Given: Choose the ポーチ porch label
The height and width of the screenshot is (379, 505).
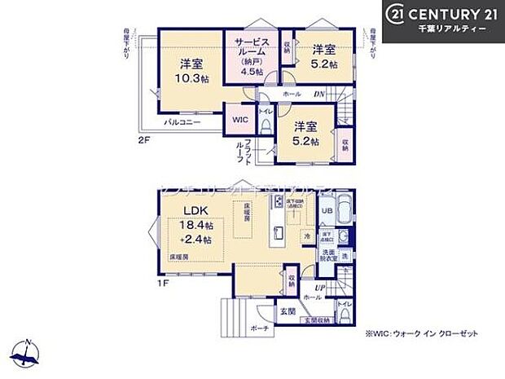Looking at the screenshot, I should pos(258,328).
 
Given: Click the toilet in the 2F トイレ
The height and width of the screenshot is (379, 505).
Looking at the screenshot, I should pos(266,125).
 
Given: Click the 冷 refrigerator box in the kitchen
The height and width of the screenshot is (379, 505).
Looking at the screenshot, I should pos(308,236).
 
